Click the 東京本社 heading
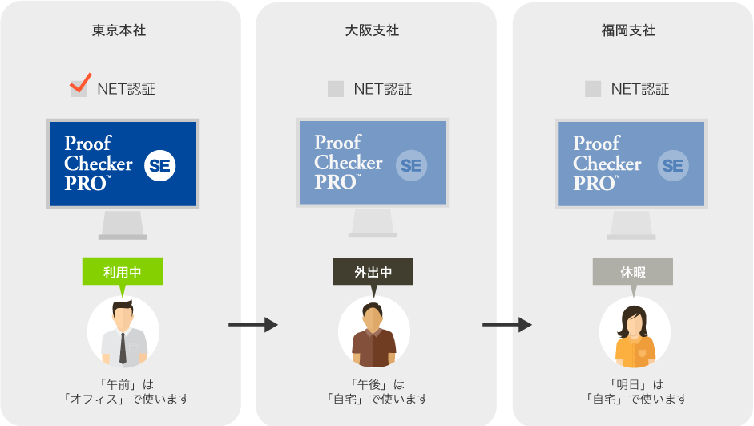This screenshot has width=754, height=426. point(119,30)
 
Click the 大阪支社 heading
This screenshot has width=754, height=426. point(372,30)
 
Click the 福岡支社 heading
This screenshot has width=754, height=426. point(628,30)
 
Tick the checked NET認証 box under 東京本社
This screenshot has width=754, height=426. point(79,87)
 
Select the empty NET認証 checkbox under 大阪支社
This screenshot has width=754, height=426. point(336,89)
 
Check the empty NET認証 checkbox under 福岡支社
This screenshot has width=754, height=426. point(593,89)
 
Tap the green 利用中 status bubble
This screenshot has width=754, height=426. point(122,272)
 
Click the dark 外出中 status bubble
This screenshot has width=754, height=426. point(373,272)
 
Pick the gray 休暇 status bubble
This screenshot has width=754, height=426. point(633,272)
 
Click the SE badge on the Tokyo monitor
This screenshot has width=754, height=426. point(160,165)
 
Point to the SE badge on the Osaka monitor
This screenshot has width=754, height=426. point(411,165)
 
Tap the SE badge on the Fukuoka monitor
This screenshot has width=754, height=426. point(673,165)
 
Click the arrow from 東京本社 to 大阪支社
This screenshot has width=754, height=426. point(253,325)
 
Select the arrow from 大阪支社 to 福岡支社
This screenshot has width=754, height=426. point(507,325)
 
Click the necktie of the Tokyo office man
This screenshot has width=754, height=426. point(123,347)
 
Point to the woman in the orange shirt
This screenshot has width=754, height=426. point(635,335)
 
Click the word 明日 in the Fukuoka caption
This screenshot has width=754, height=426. point(627,384)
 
